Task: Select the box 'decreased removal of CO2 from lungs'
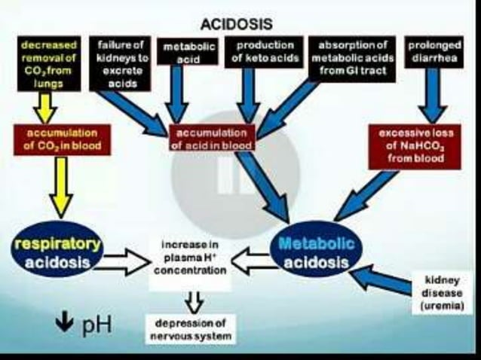[x=47, y=65]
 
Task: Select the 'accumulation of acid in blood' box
[x=213, y=138]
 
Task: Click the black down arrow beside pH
[x=65, y=325]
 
